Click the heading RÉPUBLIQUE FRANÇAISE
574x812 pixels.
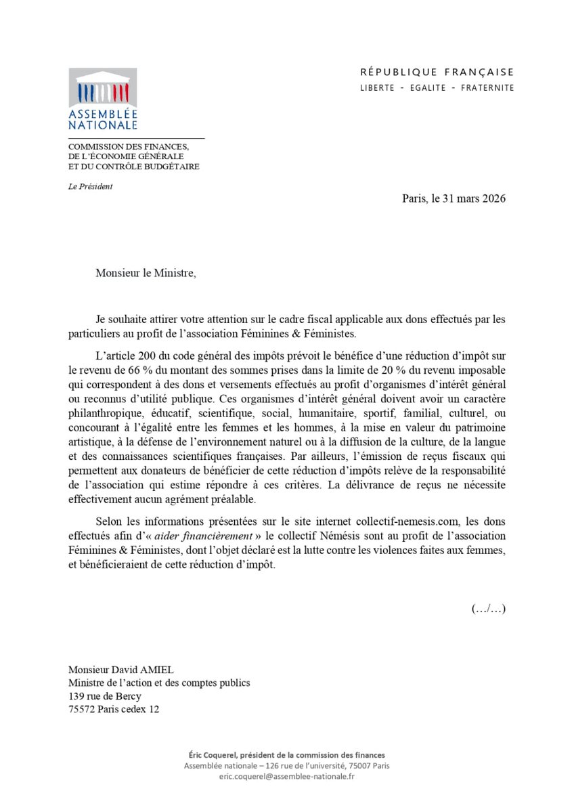tap(437, 72)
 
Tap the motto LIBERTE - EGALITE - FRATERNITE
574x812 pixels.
tap(437, 87)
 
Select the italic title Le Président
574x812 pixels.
tap(90, 186)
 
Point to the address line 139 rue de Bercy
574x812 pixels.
tap(105, 696)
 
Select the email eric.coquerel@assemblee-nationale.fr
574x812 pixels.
tap(286, 776)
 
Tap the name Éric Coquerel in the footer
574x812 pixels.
tap(212, 755)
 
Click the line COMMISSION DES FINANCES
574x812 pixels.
tap(128, 147)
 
